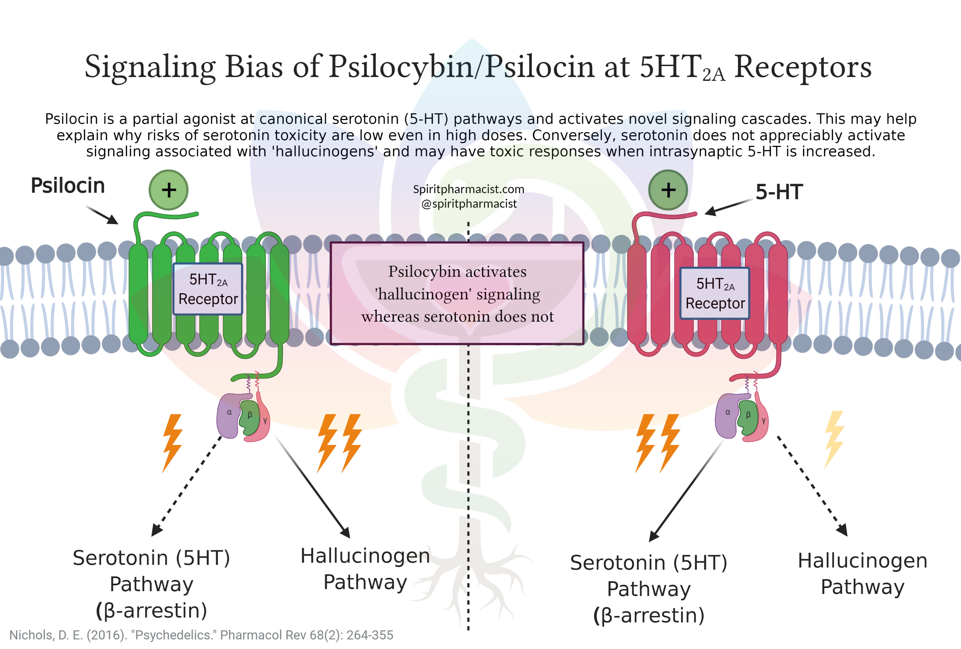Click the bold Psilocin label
pyautogui.click(x=68, y=185)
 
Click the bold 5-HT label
pyautogui.click(x=779, y=192)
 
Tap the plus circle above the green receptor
pyautogui.click(x=168, y=190)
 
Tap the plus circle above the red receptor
pyautogui.click(x=668, y=190)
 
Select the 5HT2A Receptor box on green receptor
pyautogui.click(x=208, y=289)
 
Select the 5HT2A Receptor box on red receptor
pyautogui.click(x=715, y=293)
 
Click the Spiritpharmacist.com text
pyautogui.click(x=469, y=189)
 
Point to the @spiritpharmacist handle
pyautogui.click(x=469, y=203)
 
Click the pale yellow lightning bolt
pyautogui.click(x=834, y=439)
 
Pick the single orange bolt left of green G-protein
pyautogui.click(x=172, y=443)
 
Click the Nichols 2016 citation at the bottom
pyautogui.click(x=201, y=635)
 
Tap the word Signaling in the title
pyautogui.click(x=150, y=67)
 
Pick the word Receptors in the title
pyautogui.click(x=803, y=67)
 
